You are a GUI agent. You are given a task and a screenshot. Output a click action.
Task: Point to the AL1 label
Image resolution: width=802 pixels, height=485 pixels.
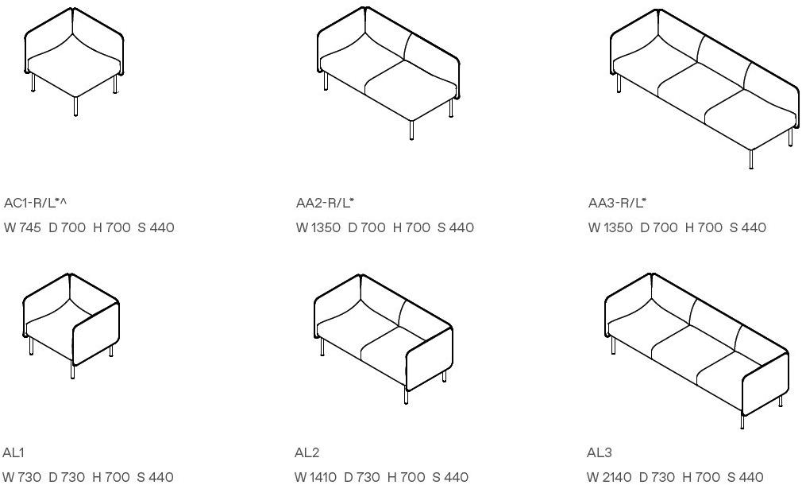tap(13, 452)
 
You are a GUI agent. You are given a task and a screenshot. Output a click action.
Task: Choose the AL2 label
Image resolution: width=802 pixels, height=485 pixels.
tap(307, 452)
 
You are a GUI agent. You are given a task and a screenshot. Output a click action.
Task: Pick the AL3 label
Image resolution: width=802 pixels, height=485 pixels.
tap(600, 452)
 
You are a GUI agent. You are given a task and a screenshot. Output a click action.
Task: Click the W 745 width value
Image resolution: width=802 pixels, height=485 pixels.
tap(22, 227)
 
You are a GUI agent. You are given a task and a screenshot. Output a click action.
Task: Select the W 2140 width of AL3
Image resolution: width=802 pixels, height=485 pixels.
tap(609, 477)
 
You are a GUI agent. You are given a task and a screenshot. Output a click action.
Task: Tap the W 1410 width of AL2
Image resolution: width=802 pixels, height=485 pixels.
tap(315, 477)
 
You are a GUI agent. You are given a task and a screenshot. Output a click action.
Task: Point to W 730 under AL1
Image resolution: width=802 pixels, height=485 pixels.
tap(22, 477)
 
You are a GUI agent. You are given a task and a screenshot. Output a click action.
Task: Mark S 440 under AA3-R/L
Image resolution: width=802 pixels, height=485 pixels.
tap(748, 227)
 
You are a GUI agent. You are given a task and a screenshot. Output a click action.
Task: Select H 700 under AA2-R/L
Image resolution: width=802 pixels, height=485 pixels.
tap(411, 227)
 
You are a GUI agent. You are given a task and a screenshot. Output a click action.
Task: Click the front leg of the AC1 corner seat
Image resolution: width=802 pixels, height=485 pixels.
tap(75, 106)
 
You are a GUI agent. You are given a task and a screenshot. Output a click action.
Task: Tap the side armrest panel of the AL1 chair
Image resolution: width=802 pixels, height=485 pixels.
tap(97, 333)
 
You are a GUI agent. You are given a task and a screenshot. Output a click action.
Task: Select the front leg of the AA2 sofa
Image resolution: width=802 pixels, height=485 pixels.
tap(412, 130)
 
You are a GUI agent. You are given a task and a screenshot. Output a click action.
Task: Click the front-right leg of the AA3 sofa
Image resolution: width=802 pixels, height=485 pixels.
tap(751, 159)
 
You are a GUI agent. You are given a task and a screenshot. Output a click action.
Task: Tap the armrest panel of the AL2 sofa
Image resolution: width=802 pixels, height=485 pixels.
tap(430, 359)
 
